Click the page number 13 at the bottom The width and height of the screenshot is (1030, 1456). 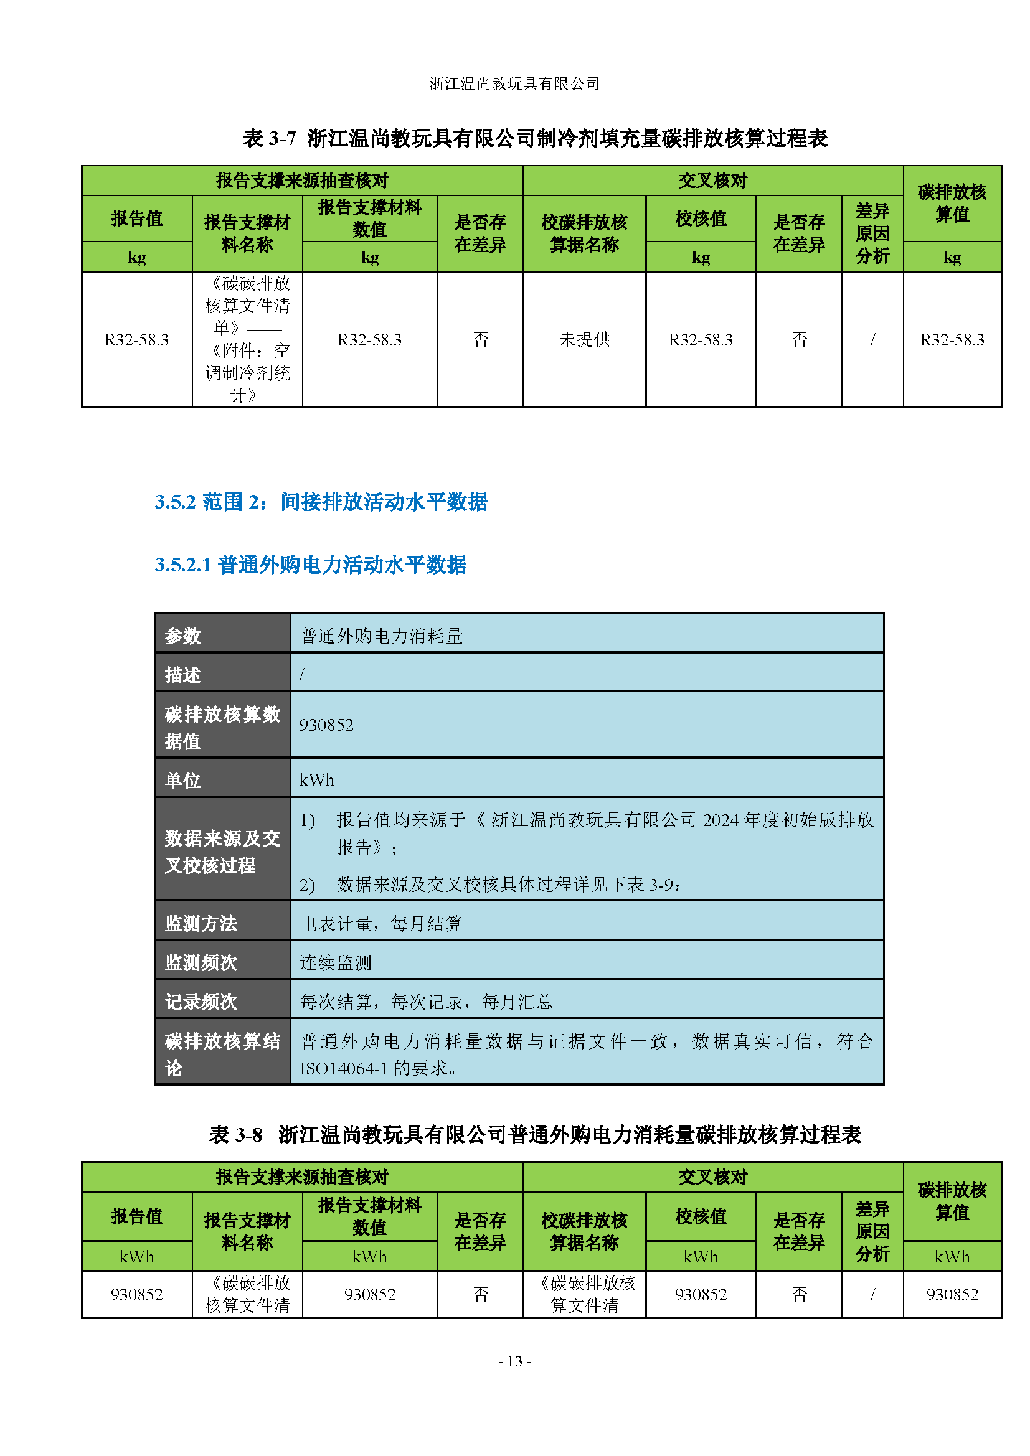pos(514,1361)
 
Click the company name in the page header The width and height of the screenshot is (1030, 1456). pos(514,83)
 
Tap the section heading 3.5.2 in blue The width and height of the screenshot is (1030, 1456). pos(321,502)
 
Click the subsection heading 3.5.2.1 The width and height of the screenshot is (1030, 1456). pos(310,565)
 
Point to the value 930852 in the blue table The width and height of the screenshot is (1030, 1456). pos(327,725)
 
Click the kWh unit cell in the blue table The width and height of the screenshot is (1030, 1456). pos(316,779)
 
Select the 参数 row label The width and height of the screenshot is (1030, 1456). pos(183,636)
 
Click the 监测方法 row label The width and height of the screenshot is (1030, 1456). pos(201,923)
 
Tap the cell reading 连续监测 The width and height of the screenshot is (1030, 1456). pos(336,962)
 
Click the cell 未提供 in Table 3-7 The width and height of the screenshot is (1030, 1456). pos(584,339)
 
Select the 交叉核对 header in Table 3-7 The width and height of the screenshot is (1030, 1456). pos(712,181)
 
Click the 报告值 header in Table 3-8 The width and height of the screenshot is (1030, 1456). pos(137,1216)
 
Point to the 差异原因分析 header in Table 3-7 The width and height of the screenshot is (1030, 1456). pos(872,233)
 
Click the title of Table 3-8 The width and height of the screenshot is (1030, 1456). pos(535,1135)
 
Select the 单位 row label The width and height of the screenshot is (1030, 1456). pos(183,779)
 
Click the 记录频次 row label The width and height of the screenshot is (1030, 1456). pos(201,1002)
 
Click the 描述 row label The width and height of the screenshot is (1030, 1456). pos(183,675)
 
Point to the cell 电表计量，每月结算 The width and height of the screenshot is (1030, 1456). pos(381,923)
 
